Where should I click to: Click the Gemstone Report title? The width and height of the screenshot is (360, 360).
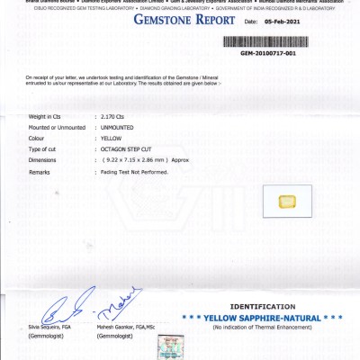(182, 19)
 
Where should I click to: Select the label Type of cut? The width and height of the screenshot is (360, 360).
(43, 148)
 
